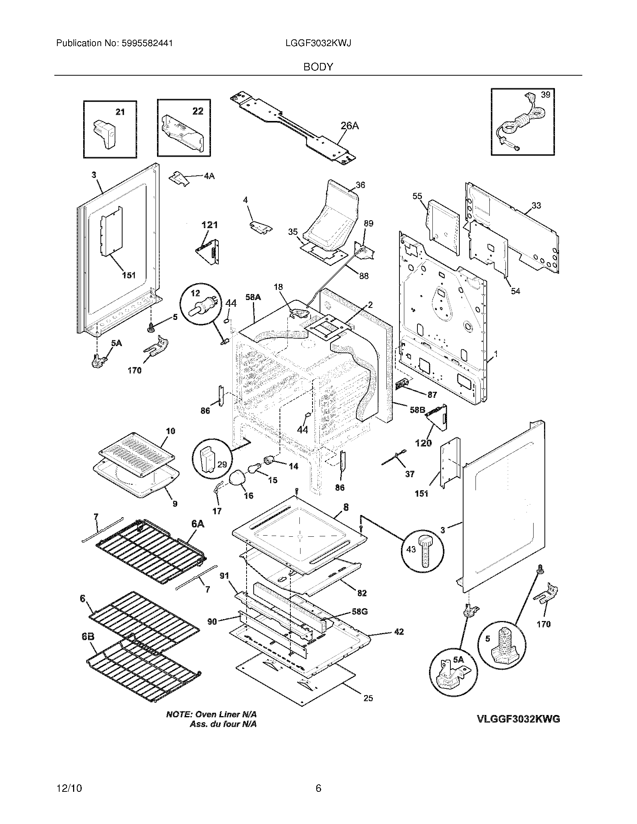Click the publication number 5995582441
point(147,43)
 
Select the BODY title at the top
point(318,67)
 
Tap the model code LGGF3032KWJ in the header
point(318,43)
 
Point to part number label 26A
point(350,126)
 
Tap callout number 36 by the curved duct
point(360,185)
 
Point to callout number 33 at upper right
point(536,205)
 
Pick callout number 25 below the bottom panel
point(368,699)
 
